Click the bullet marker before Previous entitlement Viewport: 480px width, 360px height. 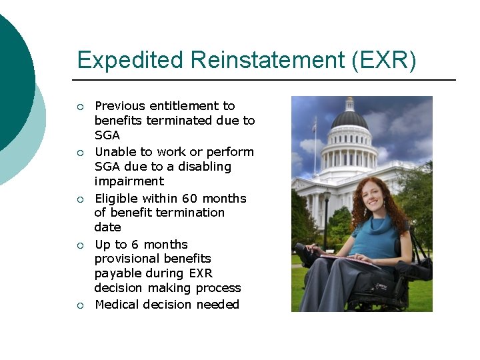(80, 107)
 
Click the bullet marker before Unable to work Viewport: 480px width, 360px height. (80, 153)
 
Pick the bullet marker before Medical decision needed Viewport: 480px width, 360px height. (80, 305)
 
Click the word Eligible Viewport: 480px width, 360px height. (117, 199)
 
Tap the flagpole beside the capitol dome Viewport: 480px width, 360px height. (315, 147)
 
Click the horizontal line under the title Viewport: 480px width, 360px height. (266, 80)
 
